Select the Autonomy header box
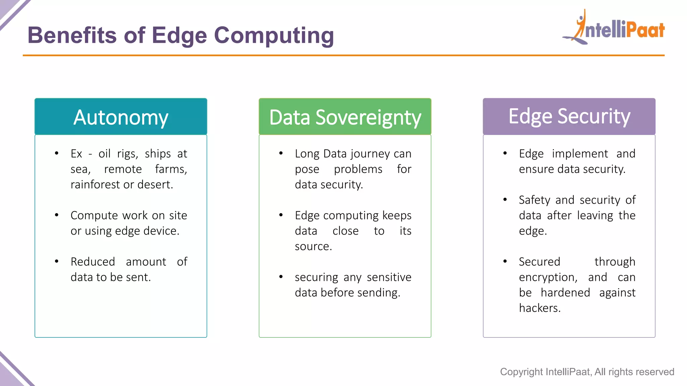tap(121, 117)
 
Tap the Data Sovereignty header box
tap(345, 117)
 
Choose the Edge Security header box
tap(569, 117)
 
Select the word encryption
tap(547, 277)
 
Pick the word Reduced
tap(93, 262)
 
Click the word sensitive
tap(389, 277)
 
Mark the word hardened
tap(565, 293)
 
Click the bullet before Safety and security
tap(505, 200)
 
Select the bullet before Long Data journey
tap(281, 153)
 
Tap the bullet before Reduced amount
tap(57, 261)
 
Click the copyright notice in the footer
tap(587, 372)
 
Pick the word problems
tap(358, 169)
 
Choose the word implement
tap(580, 154)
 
